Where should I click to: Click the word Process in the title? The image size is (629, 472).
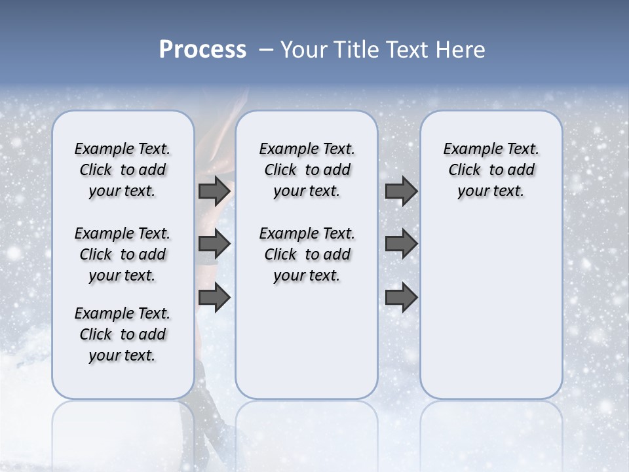point(202,50)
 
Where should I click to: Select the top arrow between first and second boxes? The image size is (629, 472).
point(214,191)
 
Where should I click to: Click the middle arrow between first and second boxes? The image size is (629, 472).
point(214,244)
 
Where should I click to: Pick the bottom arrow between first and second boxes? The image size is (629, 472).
point(214,297)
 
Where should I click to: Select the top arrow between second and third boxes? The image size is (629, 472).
point(401,191)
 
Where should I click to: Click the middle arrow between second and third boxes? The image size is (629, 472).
point(401,244)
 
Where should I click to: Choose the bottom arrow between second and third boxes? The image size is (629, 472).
point(401,297)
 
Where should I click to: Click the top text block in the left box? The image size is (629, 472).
point(123,170)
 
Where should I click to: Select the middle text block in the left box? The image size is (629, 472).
point(123,254)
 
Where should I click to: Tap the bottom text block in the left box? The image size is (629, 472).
point(123,334)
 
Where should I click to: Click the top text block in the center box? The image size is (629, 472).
point(307,170)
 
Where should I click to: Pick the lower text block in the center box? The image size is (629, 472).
point(307,254)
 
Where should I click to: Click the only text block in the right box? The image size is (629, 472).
point(491,170)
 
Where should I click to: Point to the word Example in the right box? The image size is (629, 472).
point(468,149)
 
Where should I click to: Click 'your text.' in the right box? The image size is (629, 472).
point(491,191)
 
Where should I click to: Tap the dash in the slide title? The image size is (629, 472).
point(266,50)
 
